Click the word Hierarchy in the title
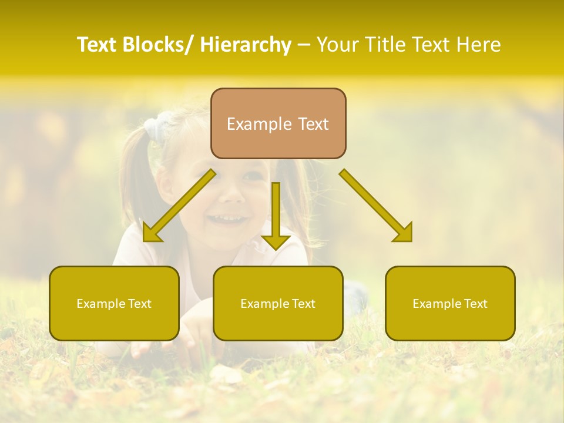[x=246, y=45]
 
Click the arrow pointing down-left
[x=179, y=206]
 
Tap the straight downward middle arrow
[x=276, y=214]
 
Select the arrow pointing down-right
[x=376, y=206]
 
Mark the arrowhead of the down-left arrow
[x=151, y=233]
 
